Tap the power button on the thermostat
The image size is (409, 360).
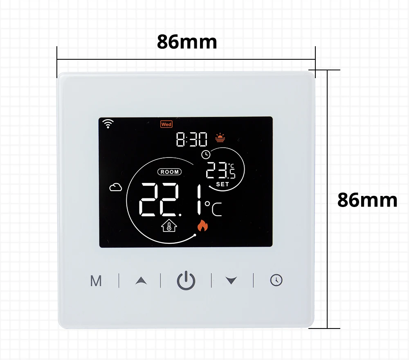pyautogui.click(x=186, y=281)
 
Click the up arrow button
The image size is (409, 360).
pyautogui.click(x=141, y=281)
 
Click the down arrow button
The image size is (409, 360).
pyautogui.click(x=231, y=281)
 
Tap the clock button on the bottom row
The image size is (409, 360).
pyautogui.click(x=276, y=280)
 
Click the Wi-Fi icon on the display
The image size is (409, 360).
pyautogui.click(x=108, y=124)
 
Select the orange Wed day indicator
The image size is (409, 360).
pyautogui.click(x=166, y=124)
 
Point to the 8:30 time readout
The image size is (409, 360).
pyautogui.click(x=192, y=140)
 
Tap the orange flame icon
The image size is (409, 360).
pyautogui.click(x=202, y=225)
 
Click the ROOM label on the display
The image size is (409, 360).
pyautogui.click(x=169, y=172)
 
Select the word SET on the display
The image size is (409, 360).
pyautogui.click(x=223, y=184)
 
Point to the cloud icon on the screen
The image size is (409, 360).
pyautogui.click(x=115, y=187)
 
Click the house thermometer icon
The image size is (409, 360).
pyautogui.click(x=168, y=226)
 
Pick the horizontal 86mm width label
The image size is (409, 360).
pyautogui.click(x=187, y=42)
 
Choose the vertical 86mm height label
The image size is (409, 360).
pyautogui.click(x=367, y=200)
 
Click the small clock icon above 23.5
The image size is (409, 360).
pyautogui.click(x=205, y=154)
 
